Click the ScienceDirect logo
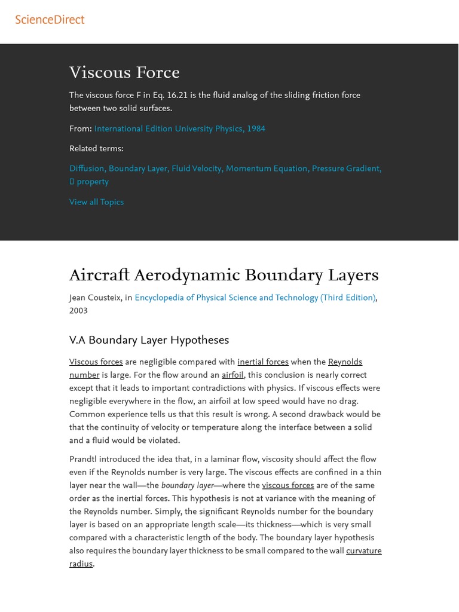[x=50, y=20]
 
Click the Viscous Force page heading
[x=124, y=73]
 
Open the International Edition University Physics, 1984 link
[x=179, y=128]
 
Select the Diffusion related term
[x=87, y=169]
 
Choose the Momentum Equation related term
[x=267, y=169]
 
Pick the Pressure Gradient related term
[x=346, y=169]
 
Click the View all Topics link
[x=96, y=202]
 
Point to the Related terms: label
[x=96, y=149]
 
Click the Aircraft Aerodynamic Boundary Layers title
[x=224, y=276]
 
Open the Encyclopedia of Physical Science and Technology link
[x=255, y=298]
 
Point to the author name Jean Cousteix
[x=96, y=298]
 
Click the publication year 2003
[x=78, y=311]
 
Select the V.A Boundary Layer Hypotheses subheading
[x=149, y=340]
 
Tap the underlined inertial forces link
[x=263, y=362]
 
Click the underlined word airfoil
[x=232, y=375]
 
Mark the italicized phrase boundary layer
[x=188, y=486]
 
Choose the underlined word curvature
[x=363, y=551]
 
